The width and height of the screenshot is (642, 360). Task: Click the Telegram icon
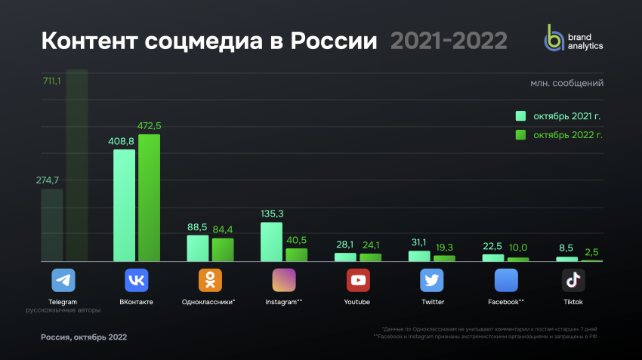pos(63,281)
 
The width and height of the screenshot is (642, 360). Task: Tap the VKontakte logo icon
pos(137,281)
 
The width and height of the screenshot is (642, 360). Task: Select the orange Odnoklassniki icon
pos(210,281)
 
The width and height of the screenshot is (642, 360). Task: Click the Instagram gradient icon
pos(284,281)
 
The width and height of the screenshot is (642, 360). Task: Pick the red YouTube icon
pos(358,281)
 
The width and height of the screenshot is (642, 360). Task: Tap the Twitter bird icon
pos(432,281)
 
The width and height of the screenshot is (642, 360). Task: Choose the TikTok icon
pos(573,281)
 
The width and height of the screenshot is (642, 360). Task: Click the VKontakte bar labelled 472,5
pos(149,198)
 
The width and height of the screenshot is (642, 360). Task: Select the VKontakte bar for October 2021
pos(125,205)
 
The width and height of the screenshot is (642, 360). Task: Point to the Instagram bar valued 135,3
pos(271,242)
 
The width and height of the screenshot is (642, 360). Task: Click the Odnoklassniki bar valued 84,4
pos(223,250)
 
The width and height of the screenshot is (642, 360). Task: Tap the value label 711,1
pos(51,80)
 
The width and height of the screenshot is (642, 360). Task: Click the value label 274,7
pos(48,180)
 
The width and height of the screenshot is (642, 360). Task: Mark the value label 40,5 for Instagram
pos(295,241)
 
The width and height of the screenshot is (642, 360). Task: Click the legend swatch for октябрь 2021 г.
pos(520,116)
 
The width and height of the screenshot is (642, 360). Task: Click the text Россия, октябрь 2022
pos(84,337)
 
